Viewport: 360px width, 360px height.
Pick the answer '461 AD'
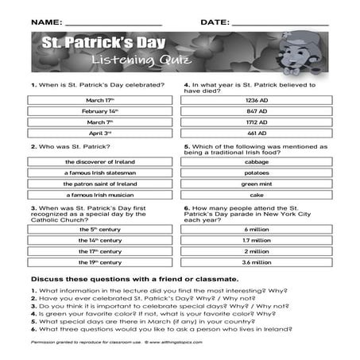point(255,134)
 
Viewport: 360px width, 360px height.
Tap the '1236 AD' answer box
point(255,100)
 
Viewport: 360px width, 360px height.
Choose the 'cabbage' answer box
point(255,161)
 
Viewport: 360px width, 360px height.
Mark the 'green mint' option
point(255,184)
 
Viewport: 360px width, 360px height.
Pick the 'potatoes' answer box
point(255,172)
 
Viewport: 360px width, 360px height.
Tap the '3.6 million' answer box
point(255,261)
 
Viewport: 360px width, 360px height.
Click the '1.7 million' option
point(255,239)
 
